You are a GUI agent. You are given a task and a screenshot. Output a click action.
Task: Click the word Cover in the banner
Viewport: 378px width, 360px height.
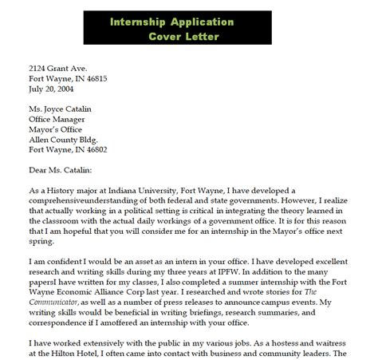tap(167, 37)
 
